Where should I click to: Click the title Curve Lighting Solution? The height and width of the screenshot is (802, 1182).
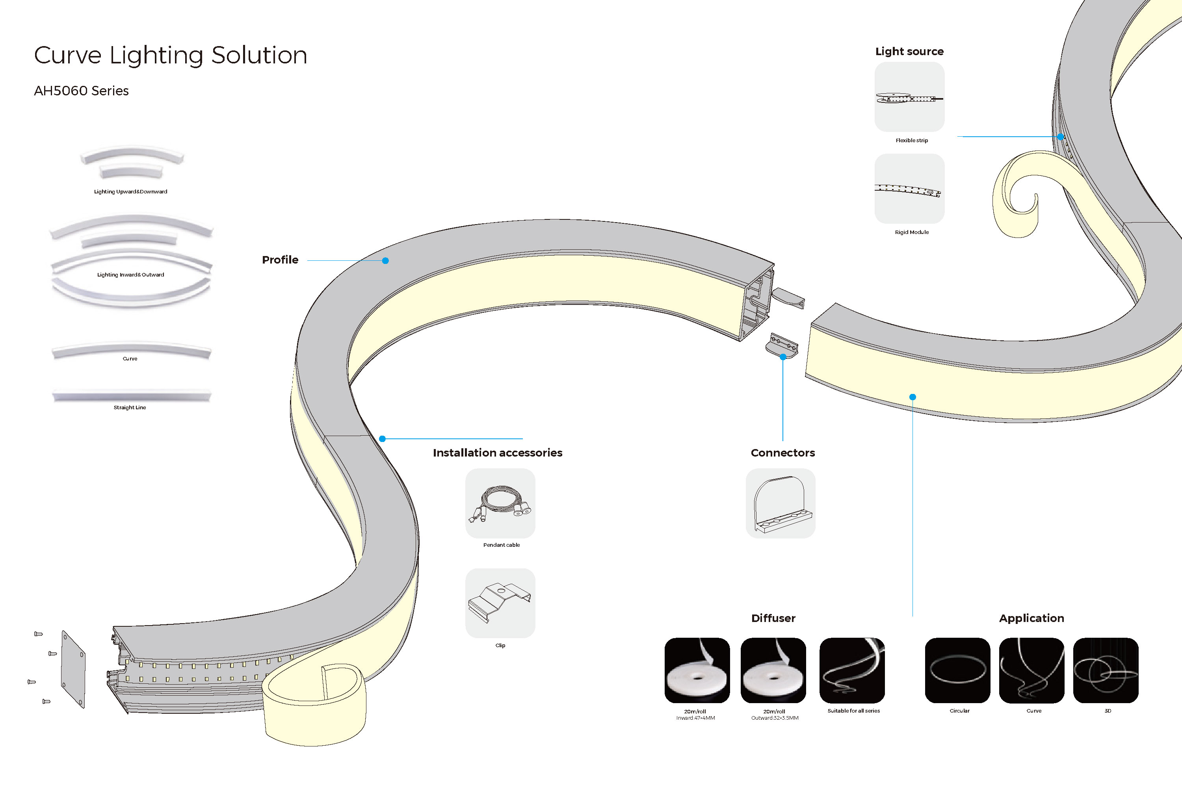click(x=170, y=55)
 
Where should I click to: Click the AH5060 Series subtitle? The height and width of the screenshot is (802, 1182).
click(x=82, y=91)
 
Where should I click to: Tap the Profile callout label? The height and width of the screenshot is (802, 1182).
click(x=280, y=260)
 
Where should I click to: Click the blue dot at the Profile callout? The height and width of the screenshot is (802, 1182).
click(x=385, y=261)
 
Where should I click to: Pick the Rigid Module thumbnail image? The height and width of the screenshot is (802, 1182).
click(x=909, y=189)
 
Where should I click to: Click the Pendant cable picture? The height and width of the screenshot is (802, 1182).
click(x=500, y=503)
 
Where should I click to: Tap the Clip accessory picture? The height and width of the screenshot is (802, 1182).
click(x=500, y=603)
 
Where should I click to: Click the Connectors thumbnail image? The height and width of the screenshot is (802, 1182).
click(x=780, y=503)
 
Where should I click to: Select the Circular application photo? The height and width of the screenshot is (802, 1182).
click(x=957, y=670)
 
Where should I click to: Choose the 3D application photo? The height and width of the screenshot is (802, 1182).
click(x=1105, y=670)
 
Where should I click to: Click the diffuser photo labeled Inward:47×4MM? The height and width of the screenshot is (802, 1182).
click(x=697, y=670)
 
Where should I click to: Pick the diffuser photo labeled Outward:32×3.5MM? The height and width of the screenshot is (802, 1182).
click(x=773, y=670)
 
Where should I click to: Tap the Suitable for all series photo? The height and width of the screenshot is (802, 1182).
click(x=852, y=670)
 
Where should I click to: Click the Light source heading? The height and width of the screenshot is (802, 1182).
click(x=909, y=51)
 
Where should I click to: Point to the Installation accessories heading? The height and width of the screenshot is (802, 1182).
click(x=497, y=453)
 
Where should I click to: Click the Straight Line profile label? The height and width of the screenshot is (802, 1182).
click(x=130, y=407)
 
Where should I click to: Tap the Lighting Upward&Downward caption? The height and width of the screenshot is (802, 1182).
click(x=131, y=192)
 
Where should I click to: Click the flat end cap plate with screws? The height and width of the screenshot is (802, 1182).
click(x=73, y=669)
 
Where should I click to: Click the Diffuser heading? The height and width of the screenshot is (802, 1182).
click(x=773, y=618)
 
